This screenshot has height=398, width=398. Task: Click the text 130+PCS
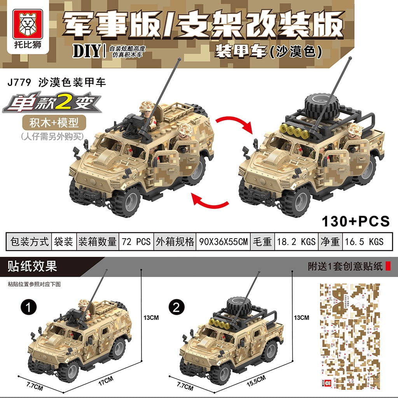coord(355,221)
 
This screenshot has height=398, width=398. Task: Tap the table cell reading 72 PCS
coord(136,241)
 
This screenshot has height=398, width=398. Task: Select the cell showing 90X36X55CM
coord(223,241)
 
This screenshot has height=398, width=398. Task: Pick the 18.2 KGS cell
coord(296,241)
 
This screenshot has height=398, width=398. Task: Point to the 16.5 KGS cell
coord(364,241)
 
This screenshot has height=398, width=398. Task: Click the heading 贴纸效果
coord(32,267)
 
